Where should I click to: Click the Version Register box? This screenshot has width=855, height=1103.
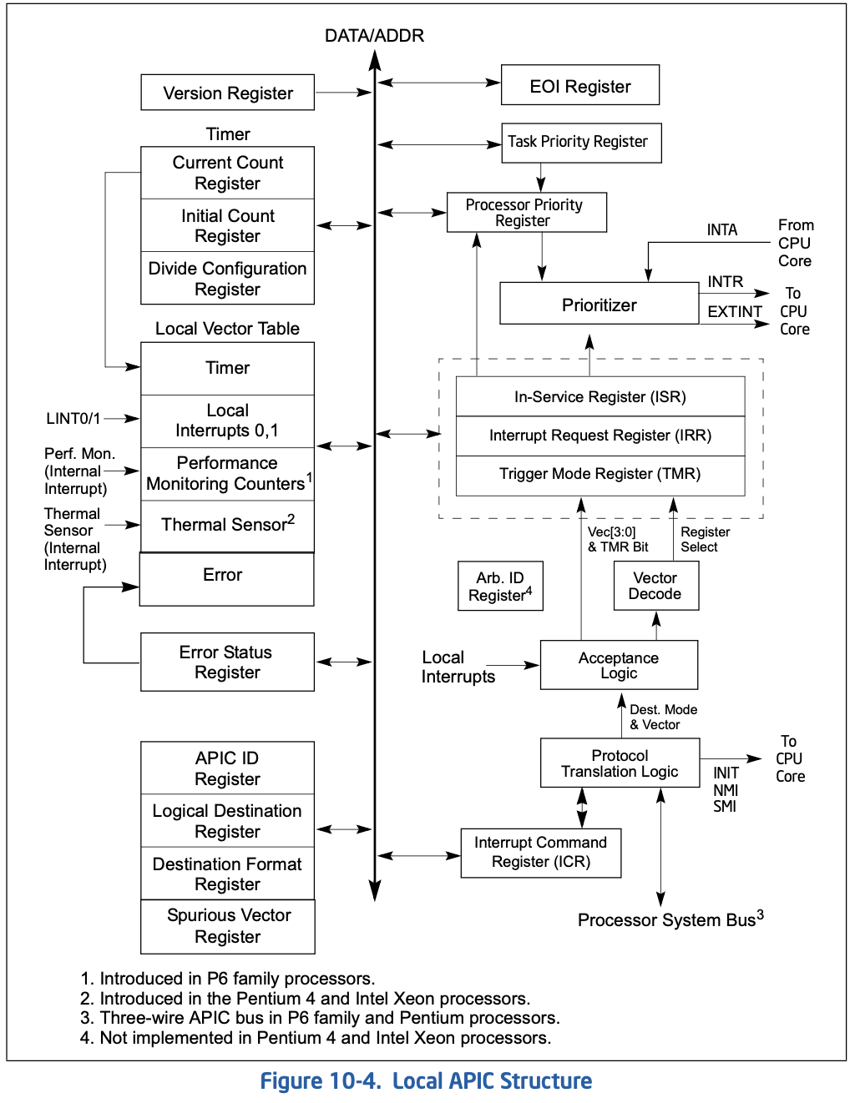click(227, 93)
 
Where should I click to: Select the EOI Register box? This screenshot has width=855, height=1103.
click(579, 85)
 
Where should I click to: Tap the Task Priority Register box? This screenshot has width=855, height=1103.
click(581, 143)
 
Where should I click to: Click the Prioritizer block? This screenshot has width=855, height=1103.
click(600, 303)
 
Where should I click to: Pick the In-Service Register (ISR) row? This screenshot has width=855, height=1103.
click(600, 396)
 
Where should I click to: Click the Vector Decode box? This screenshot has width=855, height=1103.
click(656, 585)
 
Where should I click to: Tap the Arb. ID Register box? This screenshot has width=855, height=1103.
click(500, 586)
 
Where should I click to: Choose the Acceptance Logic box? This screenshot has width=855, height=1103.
click(619, 664)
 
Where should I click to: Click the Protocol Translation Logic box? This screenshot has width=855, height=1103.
click(620, 763)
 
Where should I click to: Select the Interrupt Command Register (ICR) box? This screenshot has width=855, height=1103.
click(541, 853)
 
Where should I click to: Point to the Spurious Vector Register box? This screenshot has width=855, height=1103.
click(227, 926)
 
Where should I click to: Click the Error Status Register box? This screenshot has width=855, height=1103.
click(227, 662)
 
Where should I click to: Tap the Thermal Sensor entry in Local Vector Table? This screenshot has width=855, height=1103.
click(227, 526)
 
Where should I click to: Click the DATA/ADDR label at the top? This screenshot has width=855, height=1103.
click(374, 36)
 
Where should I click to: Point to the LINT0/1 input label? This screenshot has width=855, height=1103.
click(73, 418)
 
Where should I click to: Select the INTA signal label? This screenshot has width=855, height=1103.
click(722, 230)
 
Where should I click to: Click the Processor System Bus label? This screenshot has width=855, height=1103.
click(670, 919)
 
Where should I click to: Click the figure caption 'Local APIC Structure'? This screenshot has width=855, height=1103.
click(492, 1080)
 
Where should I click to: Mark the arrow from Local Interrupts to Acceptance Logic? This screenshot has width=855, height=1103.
click(513, 665)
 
